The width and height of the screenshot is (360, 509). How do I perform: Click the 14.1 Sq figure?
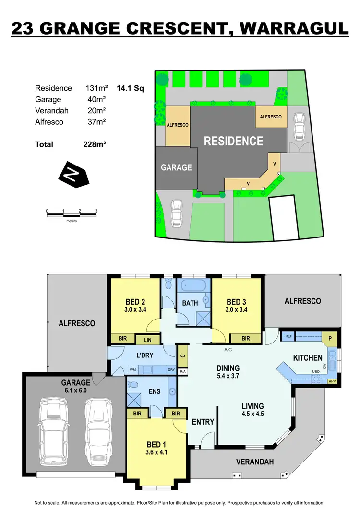[x=130, y=88]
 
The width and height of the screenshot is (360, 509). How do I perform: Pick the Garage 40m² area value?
[x=95, y=99]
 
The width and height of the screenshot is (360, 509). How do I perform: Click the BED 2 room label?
[x=135, y=302]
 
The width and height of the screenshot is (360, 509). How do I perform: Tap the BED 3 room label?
[x=236, y=302]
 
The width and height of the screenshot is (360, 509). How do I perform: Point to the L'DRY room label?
[x=144, y=356]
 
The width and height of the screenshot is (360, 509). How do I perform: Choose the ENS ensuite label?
[x=155, y=391]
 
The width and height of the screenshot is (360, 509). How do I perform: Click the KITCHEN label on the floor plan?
[x=308, y=358]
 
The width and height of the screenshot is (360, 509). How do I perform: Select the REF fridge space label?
[x=288, y=337]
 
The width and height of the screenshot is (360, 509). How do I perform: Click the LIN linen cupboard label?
[x=147, y=340]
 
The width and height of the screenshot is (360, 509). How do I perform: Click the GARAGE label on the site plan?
[x=176, y=167]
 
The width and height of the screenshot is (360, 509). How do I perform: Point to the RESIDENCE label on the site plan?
[x=233, y=141]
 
